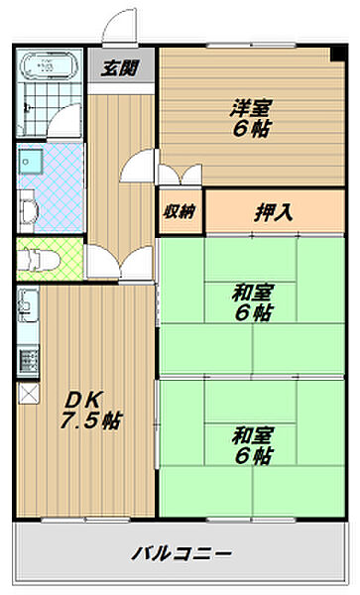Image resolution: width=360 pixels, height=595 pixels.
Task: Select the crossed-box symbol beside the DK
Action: coord(26,392)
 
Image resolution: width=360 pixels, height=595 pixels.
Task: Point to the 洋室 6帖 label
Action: coord(253,116)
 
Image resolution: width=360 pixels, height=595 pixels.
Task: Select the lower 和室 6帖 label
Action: coord(253,444)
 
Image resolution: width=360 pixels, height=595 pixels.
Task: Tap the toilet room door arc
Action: coord(102,260)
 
